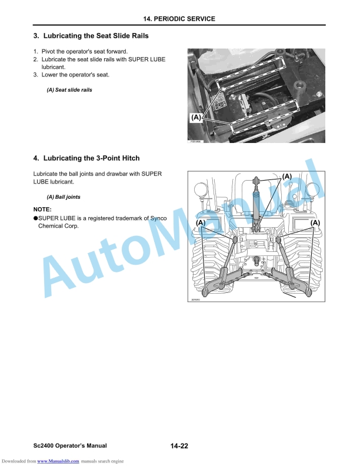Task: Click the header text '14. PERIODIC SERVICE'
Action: click(180, 19)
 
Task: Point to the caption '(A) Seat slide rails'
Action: click(69, 90)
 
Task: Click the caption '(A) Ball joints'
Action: click(64, 197)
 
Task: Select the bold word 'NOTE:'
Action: click(42, 209)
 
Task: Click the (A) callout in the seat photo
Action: click(196, 118)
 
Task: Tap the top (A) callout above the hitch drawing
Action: click(286, 176)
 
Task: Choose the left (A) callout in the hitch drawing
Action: click(201, 222)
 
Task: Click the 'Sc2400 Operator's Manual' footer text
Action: click(70, 446)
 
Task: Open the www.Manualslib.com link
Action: click(58, 461)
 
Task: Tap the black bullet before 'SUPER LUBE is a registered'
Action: click(35, 218)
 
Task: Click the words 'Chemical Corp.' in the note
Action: click(58, 226)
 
